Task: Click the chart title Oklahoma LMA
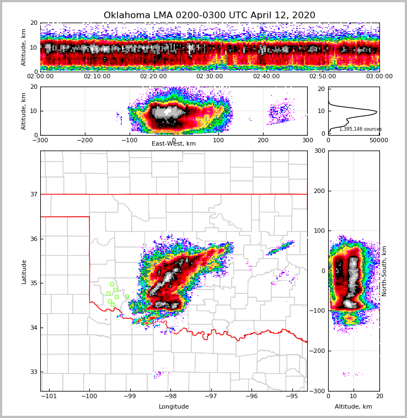point(210,15)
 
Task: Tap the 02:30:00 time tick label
point(210,77)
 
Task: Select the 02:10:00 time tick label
point(97,77)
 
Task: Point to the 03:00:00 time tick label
point(379,77)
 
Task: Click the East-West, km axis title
point(174,144)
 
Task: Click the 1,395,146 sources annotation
point(360,129)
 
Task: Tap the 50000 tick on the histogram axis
point(378,141)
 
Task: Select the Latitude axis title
point(24,271)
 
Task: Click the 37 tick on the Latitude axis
point(33,194)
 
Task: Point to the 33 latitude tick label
point(33,372)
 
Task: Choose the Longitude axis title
point(174,407)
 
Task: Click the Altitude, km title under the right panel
point(354,407)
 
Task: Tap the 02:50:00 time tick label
point(323,77)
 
